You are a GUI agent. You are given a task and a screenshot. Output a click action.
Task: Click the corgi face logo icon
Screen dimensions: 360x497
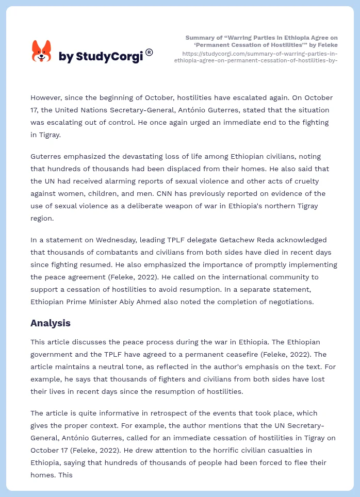(x=41, y=52)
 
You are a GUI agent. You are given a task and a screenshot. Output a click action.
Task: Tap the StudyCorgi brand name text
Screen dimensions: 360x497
(x=101, y=57)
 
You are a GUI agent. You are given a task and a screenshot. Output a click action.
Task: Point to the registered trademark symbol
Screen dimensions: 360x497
(x=149, y=52)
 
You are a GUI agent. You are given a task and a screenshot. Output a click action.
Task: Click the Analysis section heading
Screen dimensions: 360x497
(x=51, y=323)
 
